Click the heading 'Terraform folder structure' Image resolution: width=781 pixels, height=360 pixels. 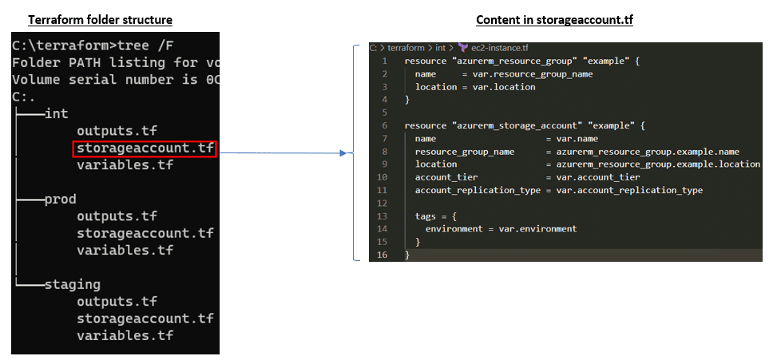click(101, 19)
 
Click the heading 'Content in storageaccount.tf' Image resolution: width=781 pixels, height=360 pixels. click(554, 19)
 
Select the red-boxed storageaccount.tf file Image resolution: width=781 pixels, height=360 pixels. click(145, 148)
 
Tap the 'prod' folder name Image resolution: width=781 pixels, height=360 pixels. click(61, 200)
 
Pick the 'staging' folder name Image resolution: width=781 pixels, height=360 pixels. click(73, 284)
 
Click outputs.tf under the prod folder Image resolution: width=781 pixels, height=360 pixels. click(117, 216)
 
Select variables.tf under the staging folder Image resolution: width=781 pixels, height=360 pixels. click(125, 335)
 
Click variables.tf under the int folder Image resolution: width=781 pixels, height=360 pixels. click(125, 165)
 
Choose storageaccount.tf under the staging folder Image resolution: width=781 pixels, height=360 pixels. click(145, 318)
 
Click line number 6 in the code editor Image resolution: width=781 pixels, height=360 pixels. click(385, 125)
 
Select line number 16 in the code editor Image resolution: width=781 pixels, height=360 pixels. click(383, 255)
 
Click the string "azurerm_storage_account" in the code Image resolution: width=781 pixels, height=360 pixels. click(512, 125)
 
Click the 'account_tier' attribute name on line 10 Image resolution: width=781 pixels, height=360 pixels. click(445, 177)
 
